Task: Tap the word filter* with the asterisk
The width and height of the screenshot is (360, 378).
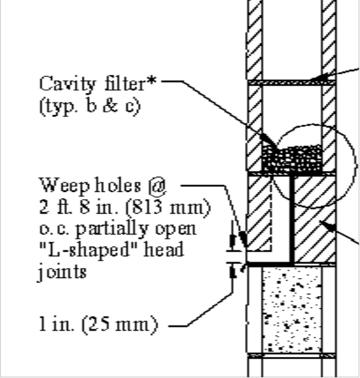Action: tap(131, 83)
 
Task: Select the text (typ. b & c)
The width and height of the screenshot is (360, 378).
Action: tap(89, 106)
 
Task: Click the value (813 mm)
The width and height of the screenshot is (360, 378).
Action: tap(168, 208)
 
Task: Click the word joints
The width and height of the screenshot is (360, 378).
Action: tap(62, 272)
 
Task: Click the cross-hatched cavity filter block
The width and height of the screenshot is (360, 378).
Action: tap(292, 159)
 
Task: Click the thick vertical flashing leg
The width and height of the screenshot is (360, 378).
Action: tap(292, 220)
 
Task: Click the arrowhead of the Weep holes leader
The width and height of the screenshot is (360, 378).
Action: tap(243, 239)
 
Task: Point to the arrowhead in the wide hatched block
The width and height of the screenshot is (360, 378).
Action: tap(328, 226)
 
